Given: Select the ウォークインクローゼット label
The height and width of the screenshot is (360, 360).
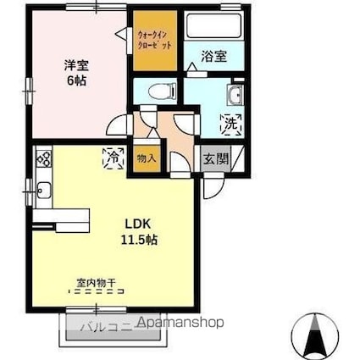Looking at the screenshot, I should [x=154, y=40].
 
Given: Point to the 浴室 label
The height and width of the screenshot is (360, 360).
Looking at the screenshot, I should [x=213, y=57].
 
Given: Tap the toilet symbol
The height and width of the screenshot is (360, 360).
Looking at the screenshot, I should [x=158, y=89].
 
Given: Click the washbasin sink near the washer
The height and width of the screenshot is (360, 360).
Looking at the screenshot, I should [x=235, y=94].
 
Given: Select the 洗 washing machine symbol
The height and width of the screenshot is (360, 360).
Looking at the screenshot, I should [x=230, y=124].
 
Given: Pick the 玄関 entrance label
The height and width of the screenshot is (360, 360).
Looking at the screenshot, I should [x=213, y=157].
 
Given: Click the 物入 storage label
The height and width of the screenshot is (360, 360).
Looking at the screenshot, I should [x=146, y=158].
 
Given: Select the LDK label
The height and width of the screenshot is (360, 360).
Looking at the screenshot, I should [x=140, y=224].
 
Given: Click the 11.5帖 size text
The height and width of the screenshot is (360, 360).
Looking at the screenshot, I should [x=140, y=240].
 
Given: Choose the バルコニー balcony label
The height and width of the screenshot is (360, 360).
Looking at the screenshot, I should [x=106, y=324].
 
